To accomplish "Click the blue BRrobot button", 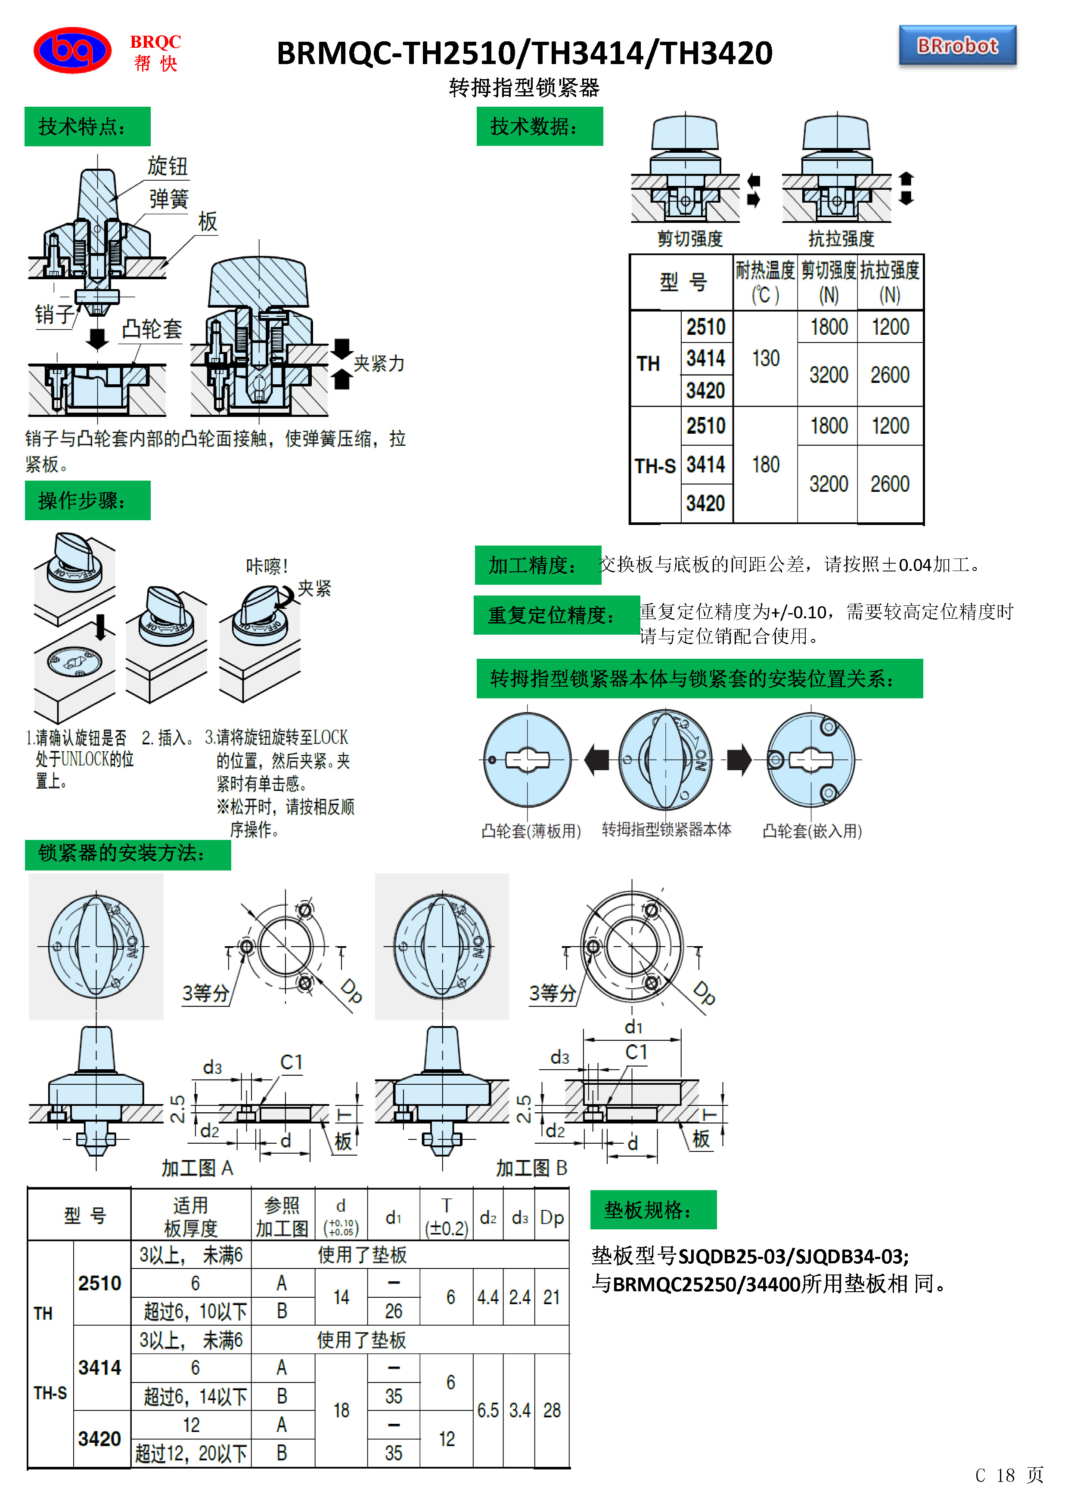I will [x=957, y=46].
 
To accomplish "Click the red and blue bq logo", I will [x=72, y=50].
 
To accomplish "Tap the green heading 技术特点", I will [x=87, y=126].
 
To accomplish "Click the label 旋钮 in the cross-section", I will [x=167, y=166].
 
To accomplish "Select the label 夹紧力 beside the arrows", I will [x=379, y=364].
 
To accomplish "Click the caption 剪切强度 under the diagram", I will [x=690, y=238].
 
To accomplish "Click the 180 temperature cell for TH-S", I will [x=766, y=465].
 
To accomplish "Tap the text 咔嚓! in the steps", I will [x=266, y=566].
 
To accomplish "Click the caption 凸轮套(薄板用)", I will [x=531, y=831].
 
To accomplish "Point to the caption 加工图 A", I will [x=197, y=1168].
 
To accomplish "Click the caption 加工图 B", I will [x=531, y=1168].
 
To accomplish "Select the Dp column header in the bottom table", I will [x=552, y=1218].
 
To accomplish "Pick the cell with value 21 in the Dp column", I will [x=552, y=1297].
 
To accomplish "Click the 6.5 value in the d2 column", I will [x=488, y=1410].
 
